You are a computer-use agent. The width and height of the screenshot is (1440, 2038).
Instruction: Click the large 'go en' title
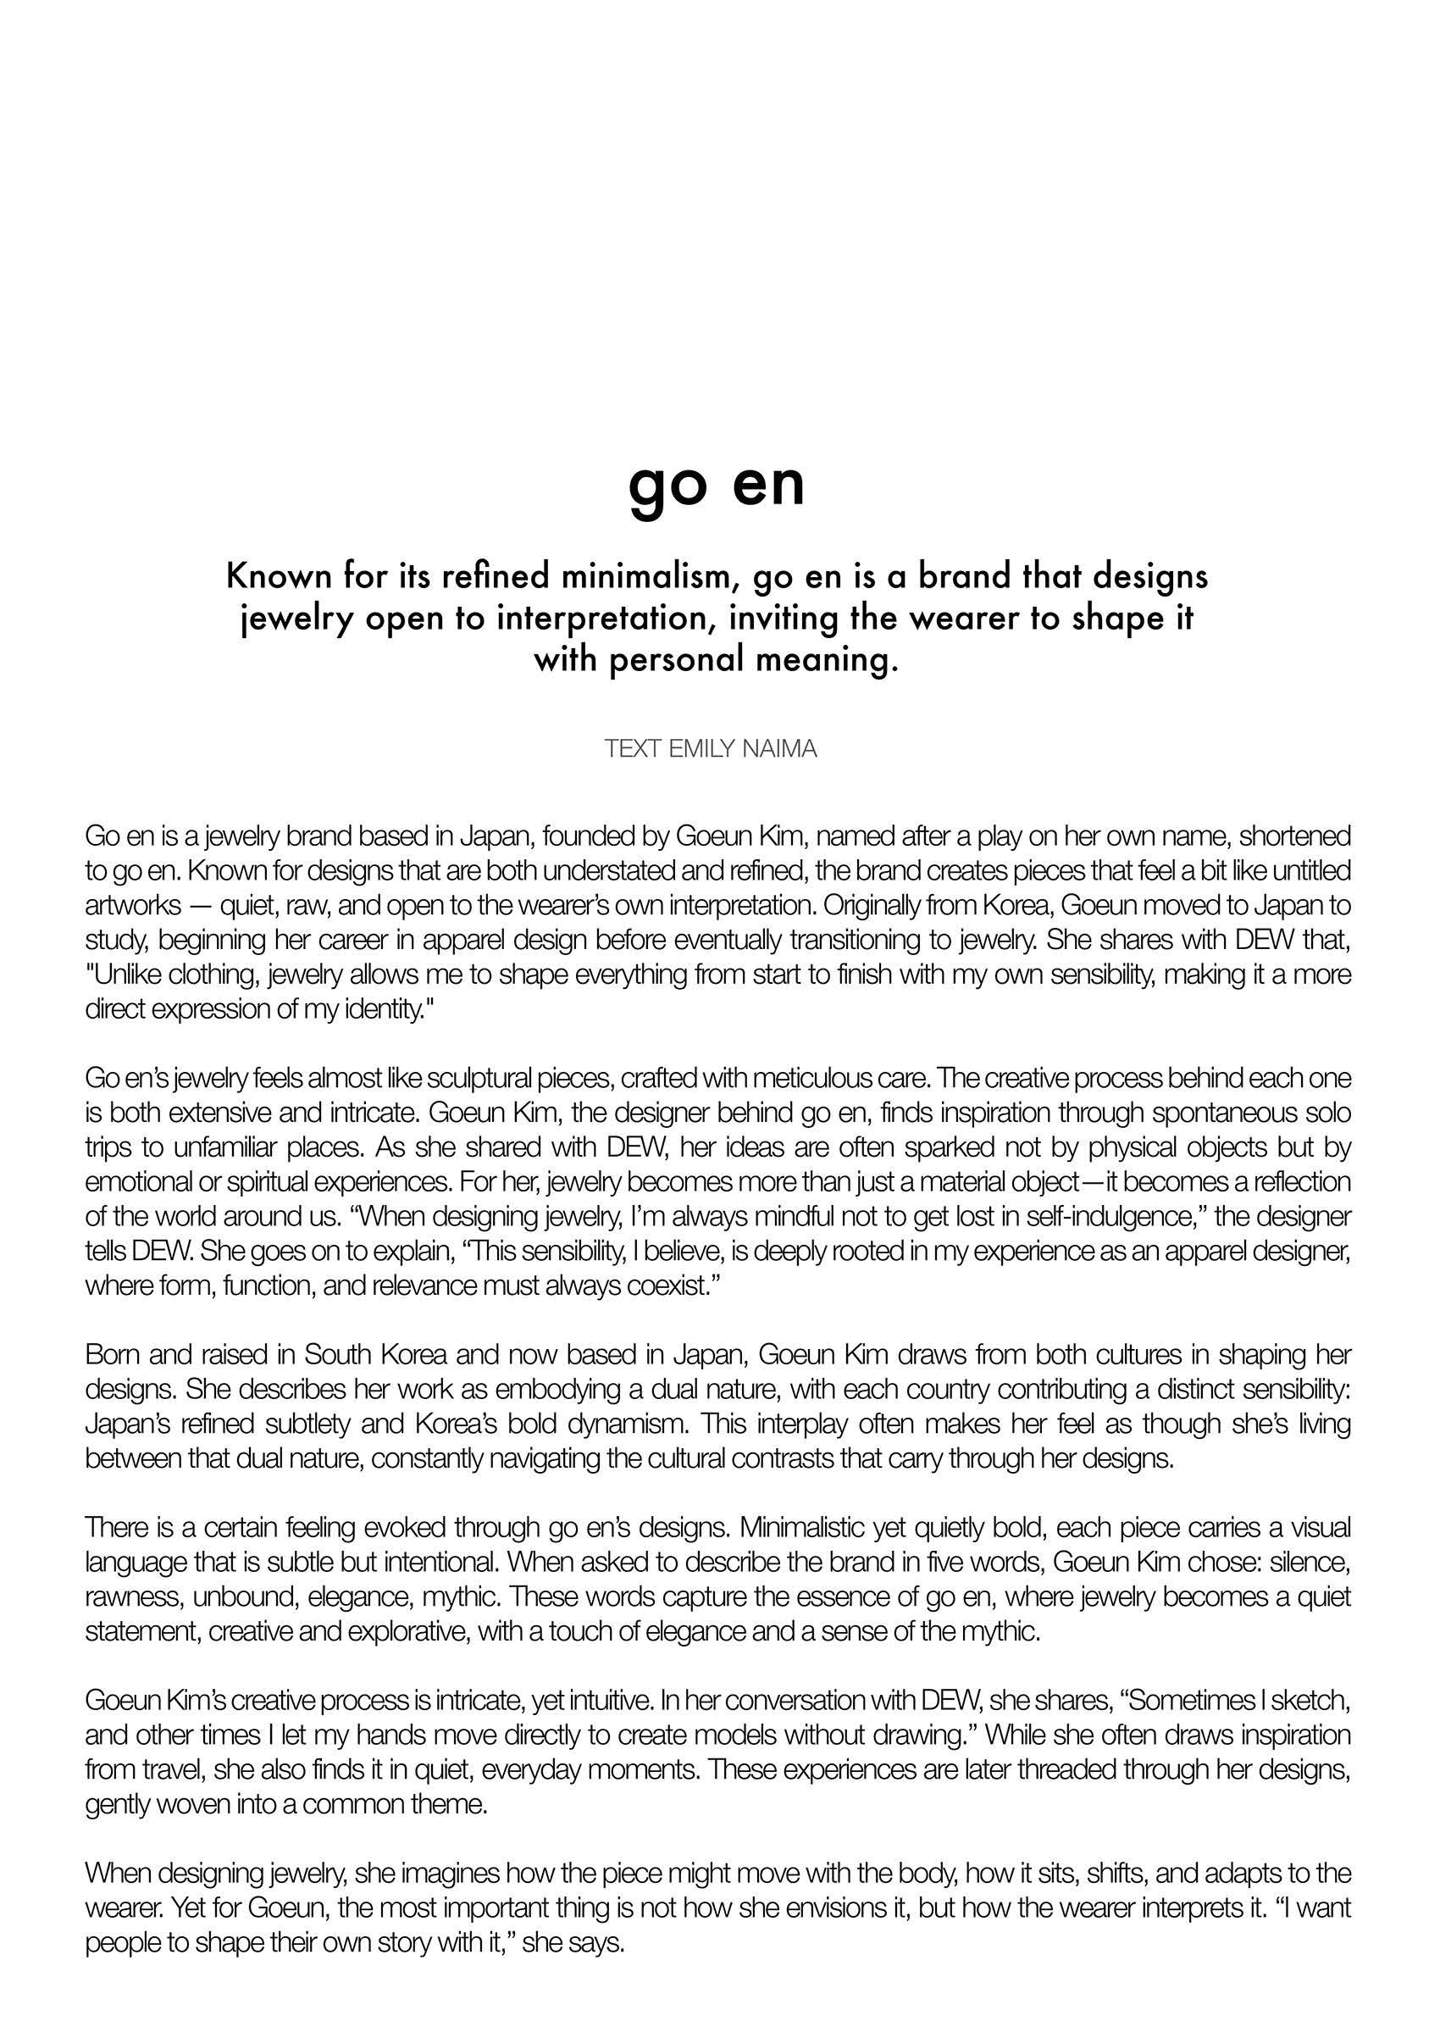pos(716,486)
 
